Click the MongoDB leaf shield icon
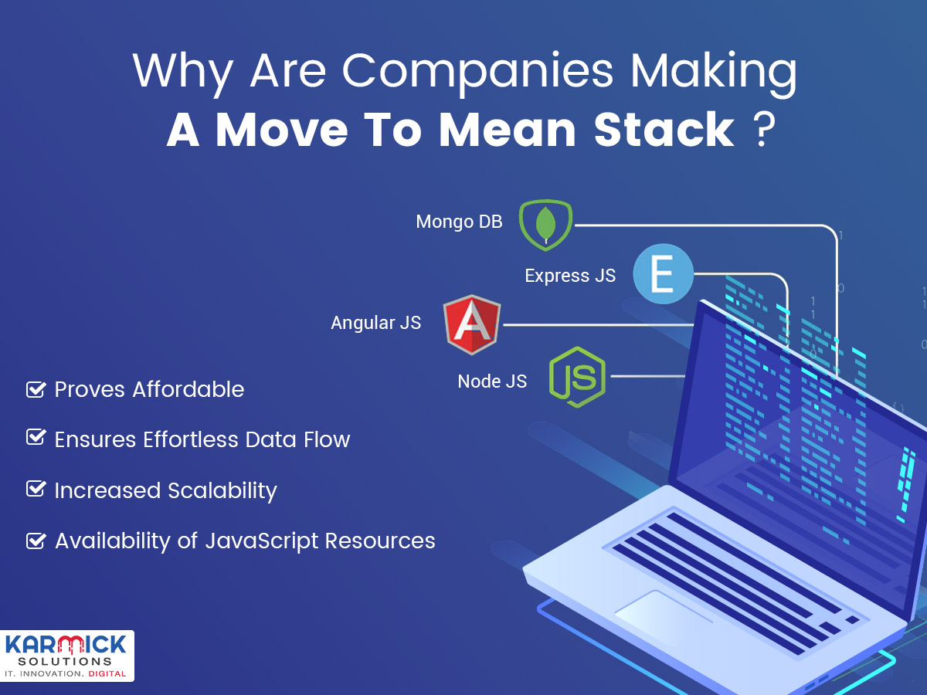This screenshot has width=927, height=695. click(x=545, y=225)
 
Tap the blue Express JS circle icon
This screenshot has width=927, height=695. click(x=663, y=274)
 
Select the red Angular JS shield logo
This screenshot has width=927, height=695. click(x=472, y=324)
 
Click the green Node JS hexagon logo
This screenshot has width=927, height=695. click(x=577, y=378)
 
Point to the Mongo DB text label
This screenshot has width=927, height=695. click(x=459, y=222)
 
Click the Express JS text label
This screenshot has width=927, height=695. click(x=570, y=276)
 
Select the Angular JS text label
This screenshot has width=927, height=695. click(x=376, y=323)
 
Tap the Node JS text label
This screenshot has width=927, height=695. click(x=492, y=381)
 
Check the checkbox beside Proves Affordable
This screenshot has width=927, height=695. click(x=36, y=389)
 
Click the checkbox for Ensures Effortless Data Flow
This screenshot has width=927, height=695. click(x=36, y=437)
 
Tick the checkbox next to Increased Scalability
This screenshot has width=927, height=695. click(x=36, y=489)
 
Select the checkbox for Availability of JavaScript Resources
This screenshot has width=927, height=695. click(x=36, y=541)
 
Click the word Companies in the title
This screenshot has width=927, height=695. click(x=477, y=72)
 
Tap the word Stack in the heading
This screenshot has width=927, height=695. click(x=664, y=129)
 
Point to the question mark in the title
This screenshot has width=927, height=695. click(x=763, y=129)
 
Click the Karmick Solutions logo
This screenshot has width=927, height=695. click(x=66, y=656)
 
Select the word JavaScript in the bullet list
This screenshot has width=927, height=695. click(x=262, y=541)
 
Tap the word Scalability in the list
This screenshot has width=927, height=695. click(x=222, y=491)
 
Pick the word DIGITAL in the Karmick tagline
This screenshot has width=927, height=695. click(x=107, y=673)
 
